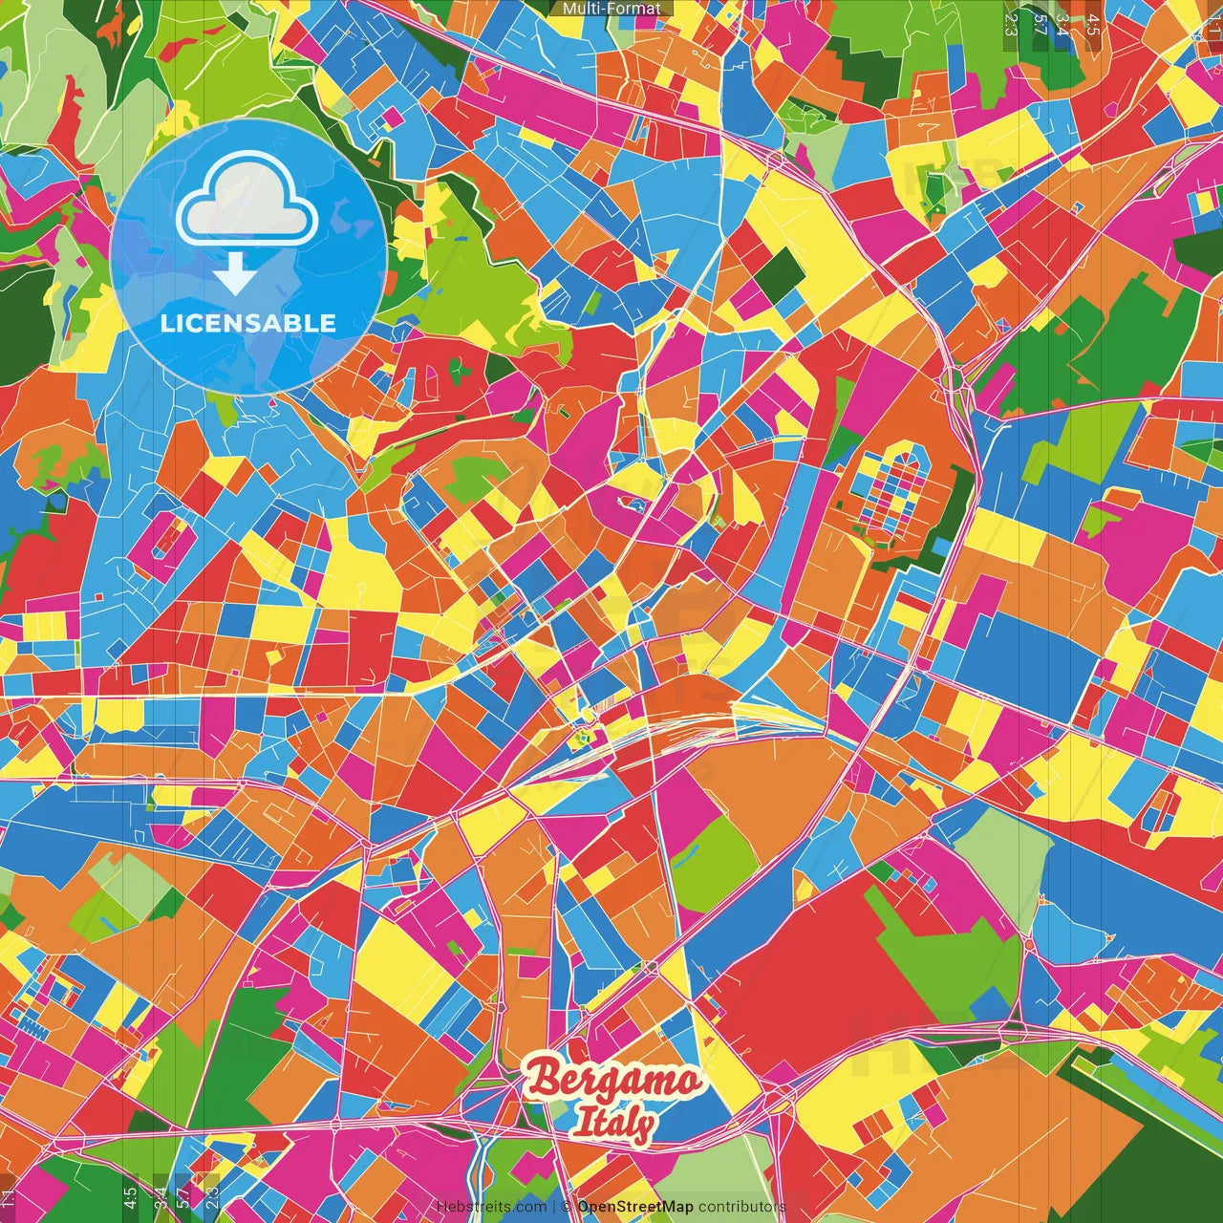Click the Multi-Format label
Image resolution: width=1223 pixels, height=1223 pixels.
point(611,9)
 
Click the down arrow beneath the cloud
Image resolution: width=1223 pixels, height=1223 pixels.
point(234,277)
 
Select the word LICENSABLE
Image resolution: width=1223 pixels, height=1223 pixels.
point(248,323)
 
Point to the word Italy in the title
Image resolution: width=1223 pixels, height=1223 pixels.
point(612,1123)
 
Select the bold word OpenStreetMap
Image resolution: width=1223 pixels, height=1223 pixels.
point(635,1207)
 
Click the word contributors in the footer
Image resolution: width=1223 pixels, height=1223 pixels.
point(741,1207)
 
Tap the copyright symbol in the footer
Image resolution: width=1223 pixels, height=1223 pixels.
point(567,1207)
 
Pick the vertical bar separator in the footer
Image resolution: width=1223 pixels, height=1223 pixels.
point(554,1207)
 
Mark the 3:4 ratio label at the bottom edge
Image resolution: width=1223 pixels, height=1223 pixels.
point(159,1196)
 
